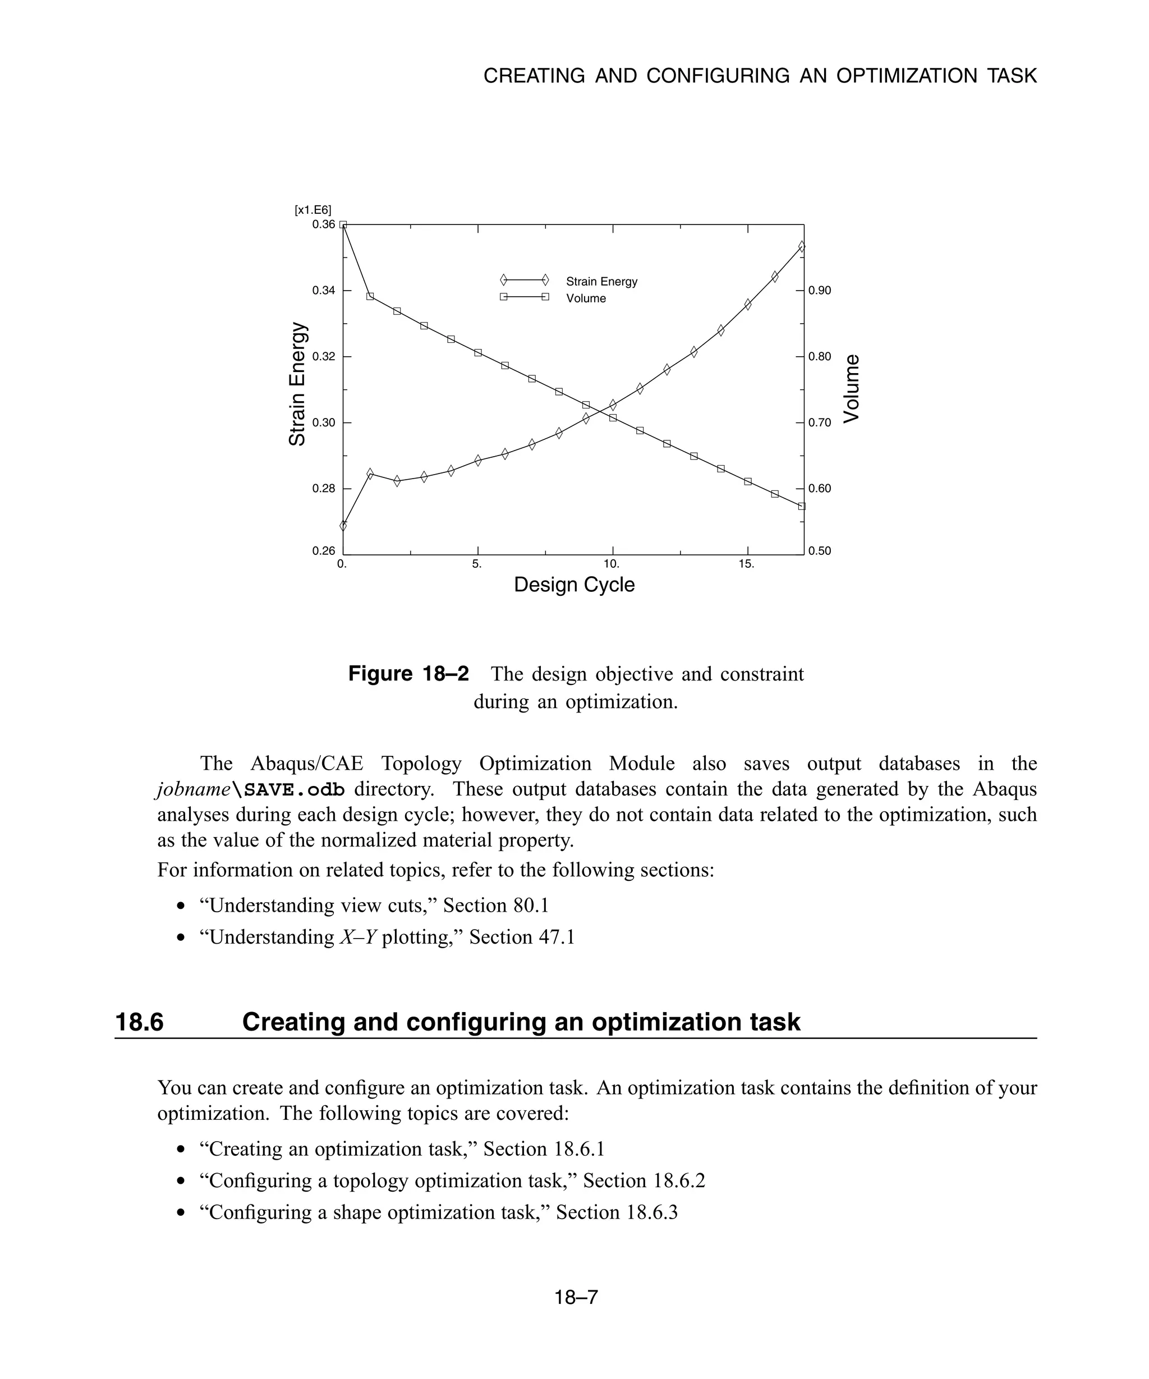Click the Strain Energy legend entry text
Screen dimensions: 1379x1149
pyautogui.click(x=601, y=282)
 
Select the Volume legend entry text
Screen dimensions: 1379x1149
pyautogui.click(x=586, y=299)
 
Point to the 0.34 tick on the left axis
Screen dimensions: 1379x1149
pyautogui.click(x=323, y=290)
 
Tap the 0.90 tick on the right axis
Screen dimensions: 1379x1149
pyautogui.click(x=820, y=290)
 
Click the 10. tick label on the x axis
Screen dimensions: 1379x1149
pyautogui.click(x=612, y=564)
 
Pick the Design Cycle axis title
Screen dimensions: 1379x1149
pyautogui.click(x=574, y=585)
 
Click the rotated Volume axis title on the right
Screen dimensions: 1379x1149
pyautogui.click(x=851, y=389)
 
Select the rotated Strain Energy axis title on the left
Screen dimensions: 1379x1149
pyautogui.click(x=297, y=384)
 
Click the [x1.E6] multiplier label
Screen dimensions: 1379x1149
pyautogui.click(x=313, y=210)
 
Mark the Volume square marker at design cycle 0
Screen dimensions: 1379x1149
pyautogui.click(x=343, y=225)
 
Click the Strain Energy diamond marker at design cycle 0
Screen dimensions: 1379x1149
pyautogui.click(x=343, y=525)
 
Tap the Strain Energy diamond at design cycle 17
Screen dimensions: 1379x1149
pyautogui.click(x=802, y=247)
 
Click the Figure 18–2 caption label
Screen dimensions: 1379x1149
pyautogui.click(x=408, y=674)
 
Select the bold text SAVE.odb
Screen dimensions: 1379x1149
pyautogui.click(x=293, y=789)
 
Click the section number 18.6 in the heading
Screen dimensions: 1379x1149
pyautogui.click(x=139, y=1022)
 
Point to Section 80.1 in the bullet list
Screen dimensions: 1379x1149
pyautogui.click(x=496, y=905)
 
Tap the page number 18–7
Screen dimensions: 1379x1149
pyautogui.click(x=576, y=1297)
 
